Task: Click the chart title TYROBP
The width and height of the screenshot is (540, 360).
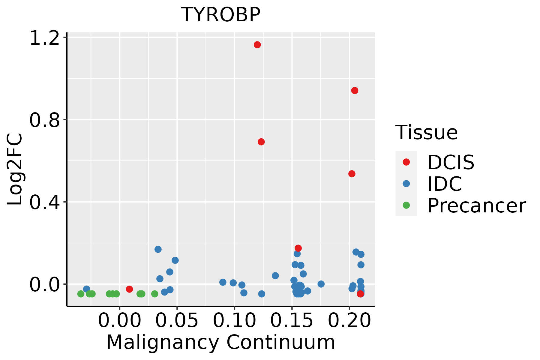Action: [220, 15]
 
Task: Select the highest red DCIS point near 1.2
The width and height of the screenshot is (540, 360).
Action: [257, 45]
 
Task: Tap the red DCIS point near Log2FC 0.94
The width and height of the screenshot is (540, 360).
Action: [355, 91]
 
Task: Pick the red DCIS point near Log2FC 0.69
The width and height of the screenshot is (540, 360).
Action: [261, 142]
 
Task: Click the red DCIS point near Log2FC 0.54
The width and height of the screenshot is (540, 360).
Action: [352, 174]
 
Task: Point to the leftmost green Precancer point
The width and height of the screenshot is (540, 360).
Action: [81, 294]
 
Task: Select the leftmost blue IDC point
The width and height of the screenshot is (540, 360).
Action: [87, 289]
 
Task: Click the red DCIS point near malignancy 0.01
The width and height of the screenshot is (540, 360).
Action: [129, 289]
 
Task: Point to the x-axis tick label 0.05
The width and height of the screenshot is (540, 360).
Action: [177, 320]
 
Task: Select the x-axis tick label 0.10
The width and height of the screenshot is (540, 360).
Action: [235, 320]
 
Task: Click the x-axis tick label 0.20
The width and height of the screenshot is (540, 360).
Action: [349, 320]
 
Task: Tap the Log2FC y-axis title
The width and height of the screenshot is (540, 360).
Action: [15, 169]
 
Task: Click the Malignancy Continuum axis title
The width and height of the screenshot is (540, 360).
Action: [220, 343]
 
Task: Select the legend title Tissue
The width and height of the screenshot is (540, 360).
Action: [426, 132]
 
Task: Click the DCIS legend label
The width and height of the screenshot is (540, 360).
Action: [451, 162]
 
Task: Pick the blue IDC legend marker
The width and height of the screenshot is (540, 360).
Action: [406, 184]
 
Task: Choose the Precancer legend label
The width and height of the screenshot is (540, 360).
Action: [476, 205]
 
